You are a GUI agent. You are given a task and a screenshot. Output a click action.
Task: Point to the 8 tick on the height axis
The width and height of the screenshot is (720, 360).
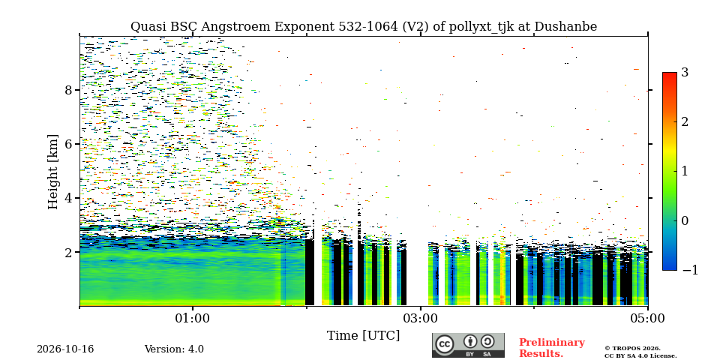pyautogui.click(x=68, y=89)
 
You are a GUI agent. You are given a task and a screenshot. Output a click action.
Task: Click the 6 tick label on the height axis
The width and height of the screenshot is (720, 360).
pyautogui.click(x=68, y=144)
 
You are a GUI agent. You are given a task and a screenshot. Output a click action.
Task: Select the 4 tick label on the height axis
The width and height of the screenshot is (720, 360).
pyautogui.click(x=68, y=198)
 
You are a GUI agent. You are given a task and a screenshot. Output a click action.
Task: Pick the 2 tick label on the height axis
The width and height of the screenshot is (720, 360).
pyautogui.click(x=68, y=252)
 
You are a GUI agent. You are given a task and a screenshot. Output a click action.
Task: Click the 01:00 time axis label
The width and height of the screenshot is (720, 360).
pyautogui.click(x=193, y=318)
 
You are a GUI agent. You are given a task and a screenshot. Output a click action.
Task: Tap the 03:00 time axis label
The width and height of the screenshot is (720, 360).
pyautogui.click(x=420, y=318)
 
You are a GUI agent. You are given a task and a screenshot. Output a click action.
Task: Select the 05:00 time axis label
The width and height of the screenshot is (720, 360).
pyautogui.click(x=647, y=318)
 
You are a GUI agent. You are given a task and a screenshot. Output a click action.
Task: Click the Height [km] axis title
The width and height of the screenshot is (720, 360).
pyautogui.click(x=53, y=172)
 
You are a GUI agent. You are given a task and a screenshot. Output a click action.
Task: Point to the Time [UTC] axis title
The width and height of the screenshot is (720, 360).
pyautogui.click(x=363, y=336)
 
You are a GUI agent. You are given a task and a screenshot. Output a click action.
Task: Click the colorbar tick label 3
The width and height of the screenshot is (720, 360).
pyautogui.click(x=685, y=73)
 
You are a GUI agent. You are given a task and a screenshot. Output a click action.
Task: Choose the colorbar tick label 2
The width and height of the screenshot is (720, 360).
pyautogui.click(x=685, y=121)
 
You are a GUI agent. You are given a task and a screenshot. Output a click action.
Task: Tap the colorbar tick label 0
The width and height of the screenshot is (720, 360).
pyautogui.click(x=685, y=220)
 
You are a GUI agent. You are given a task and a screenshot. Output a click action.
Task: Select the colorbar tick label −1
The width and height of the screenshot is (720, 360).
pyautogui.click(x=690, y=270)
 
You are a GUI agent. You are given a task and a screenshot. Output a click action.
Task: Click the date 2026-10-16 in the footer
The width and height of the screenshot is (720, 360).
pyautogui.click(x=65, y=349)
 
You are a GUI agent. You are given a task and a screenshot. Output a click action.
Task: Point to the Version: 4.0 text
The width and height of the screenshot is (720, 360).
pyautogui.click(x=174, y=349)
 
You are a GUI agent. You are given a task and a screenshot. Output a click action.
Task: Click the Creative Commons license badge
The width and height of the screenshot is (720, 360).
pyautogui.click(x=468, y=345)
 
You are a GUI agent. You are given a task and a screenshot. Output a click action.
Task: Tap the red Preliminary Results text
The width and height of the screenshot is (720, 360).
pyautogui.click(x=552, y=347)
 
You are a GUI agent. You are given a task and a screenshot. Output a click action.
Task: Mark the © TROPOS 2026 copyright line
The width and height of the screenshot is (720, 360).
pyautogui.click(x=633, y=349)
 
